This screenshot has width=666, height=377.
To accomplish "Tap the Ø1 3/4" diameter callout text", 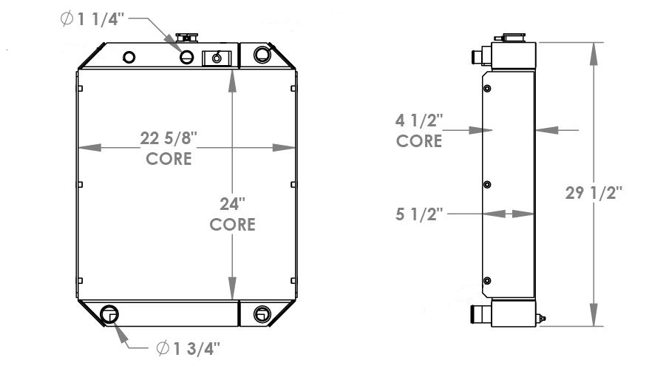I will (x=188, y=348).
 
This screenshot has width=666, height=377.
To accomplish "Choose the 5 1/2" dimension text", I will (x=419, y=214).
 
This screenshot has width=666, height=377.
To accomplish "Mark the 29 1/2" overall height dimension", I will (x=594, y=193).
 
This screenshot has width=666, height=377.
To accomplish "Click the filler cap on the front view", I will (x=184, y=38).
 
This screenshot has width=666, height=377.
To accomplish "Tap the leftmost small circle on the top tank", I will (x=130, y=57).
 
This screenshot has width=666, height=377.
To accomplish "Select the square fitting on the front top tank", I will (x=217, y=57).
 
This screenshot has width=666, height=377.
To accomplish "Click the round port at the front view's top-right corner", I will (x=262, y=54).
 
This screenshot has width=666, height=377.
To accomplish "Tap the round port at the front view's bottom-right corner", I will (x=261, y=313).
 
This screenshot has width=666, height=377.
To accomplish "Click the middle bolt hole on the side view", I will (x=486, y=185).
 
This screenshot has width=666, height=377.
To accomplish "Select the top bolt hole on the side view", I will (x=486, y=89).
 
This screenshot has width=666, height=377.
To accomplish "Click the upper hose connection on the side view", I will (x=477, y=55).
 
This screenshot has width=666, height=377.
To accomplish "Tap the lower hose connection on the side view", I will (x=477, y=315).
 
